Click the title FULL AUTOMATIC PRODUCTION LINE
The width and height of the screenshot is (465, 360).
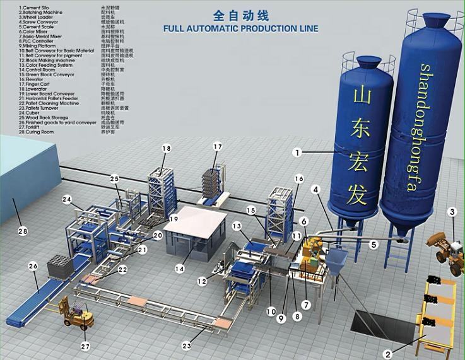coord(240,28)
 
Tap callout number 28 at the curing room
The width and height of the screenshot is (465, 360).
coord(23,232)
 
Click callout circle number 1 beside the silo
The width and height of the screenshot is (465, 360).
coord(298,152)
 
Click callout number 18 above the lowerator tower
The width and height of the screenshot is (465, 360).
coord(167,148)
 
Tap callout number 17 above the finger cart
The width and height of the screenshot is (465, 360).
coord(218,147)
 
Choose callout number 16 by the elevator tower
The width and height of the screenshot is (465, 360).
coord(298,178)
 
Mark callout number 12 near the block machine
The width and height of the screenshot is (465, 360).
coord(202,281)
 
